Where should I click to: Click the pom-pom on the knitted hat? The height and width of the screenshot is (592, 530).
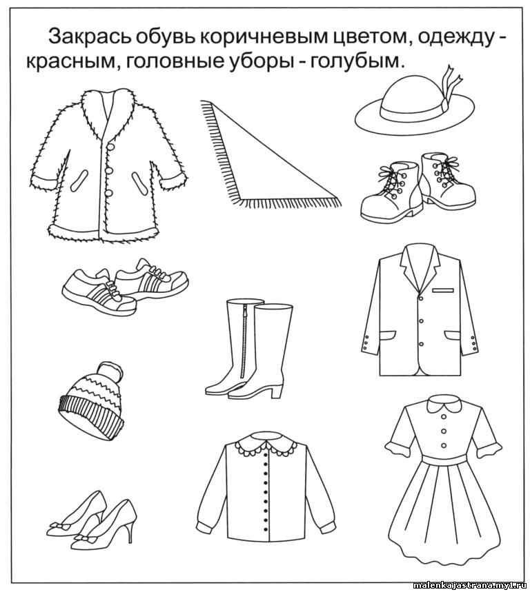click(110, 371)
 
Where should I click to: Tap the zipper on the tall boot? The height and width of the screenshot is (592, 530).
click(244, 343)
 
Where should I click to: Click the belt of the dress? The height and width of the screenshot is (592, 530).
click(444, 460)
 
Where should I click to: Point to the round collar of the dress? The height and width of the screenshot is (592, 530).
click(444, 407)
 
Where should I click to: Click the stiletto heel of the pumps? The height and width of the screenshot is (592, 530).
click(130, 529)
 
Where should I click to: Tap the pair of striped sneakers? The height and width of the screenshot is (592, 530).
click(125, 286)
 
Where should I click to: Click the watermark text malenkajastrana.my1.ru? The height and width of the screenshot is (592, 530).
click(471, 585)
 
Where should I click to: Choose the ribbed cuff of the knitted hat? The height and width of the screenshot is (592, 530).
click(90, 417)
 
